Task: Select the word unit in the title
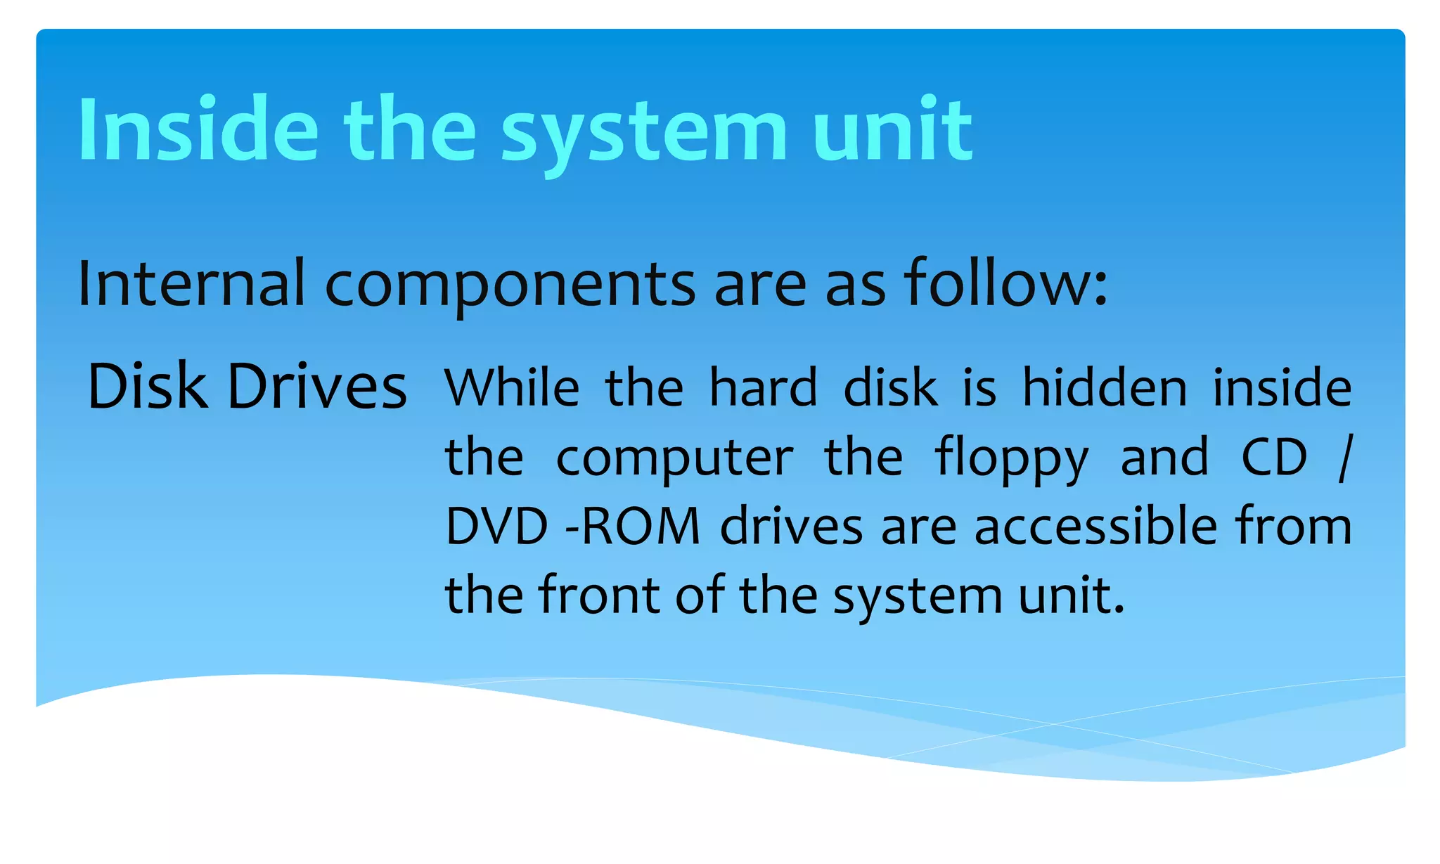(892, 130)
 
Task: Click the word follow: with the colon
(1005, 283)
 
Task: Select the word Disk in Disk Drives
(147, 386)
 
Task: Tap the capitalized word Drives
(317, 386)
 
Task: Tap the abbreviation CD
(1273, 457)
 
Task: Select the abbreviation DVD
(496, 526)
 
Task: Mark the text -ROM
(633, 526)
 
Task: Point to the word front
(599, 595)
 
